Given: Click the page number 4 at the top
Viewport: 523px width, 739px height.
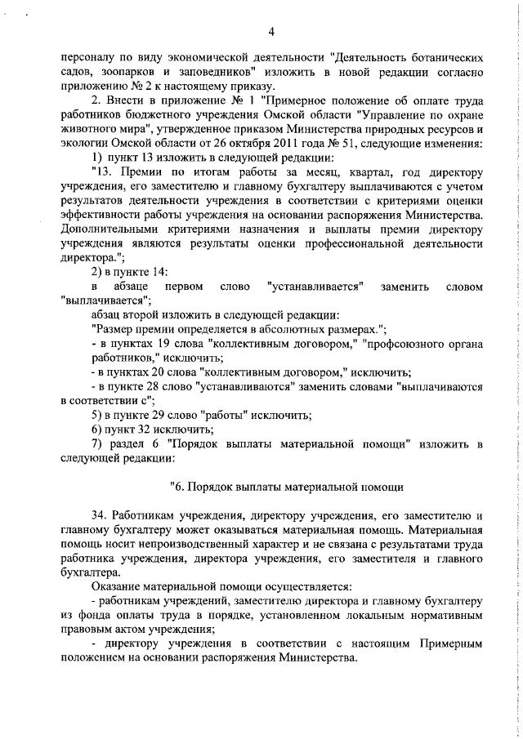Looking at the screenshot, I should (x=270, y=32).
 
